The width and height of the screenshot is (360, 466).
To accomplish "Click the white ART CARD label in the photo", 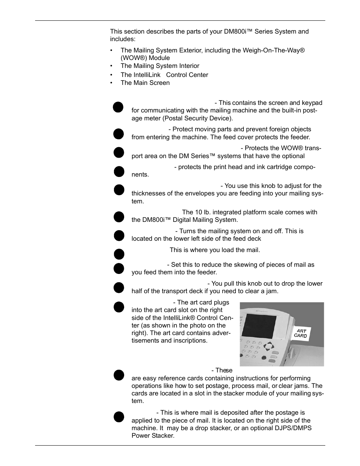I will point(301,333).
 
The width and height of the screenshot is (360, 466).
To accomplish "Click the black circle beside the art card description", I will point(119,306).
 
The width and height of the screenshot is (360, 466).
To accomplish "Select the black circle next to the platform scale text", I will point(119,217).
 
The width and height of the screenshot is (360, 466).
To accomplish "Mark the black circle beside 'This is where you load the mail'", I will point(119,254).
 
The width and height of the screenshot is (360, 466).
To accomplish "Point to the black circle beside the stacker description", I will point(119,417).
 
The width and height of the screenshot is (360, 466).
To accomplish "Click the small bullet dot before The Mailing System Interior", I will point(112,66).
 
